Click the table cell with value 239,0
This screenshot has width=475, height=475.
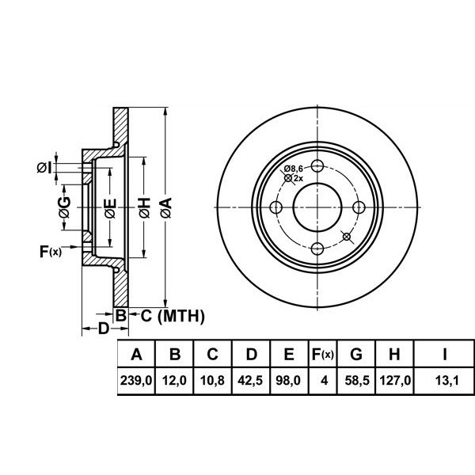[136, 380]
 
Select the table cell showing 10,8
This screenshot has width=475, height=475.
[212, 380]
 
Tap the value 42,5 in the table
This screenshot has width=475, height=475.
[250, 380]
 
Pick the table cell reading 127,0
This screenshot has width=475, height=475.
[395, 380]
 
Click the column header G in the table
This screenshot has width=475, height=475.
[356, 354]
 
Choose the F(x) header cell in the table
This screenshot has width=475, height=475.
[323, 354]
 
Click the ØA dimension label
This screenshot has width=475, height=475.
[166, 207]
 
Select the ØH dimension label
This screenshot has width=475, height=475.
[145, 207]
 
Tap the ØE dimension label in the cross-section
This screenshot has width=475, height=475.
[110, 208]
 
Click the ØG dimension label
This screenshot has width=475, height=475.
[65, 207]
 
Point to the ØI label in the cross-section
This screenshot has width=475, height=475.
[45, 168]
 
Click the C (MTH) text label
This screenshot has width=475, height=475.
[173, 316]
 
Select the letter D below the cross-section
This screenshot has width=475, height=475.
[104, 328]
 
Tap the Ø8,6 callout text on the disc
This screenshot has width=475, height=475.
[294, 168]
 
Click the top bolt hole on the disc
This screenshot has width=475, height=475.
[317, 165]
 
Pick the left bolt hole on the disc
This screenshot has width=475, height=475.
[275, 207]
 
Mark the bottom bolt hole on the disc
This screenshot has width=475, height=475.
[317, 249]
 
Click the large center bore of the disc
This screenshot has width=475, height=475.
[317, 207]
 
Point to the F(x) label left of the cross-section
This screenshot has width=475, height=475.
[51, 252]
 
